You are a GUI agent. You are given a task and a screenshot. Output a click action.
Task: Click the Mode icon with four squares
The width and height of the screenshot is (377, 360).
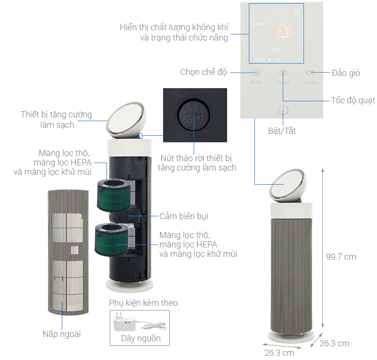(256, 73)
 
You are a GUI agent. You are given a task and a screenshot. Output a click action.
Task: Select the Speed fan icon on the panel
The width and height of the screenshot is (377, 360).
(283, 73)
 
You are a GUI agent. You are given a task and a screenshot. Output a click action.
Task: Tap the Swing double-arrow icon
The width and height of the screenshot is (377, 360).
(310, 73)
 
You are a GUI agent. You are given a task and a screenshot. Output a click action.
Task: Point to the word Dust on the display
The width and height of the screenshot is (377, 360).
(276, 49)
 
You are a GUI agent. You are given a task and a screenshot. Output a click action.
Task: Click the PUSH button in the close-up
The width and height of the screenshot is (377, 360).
(194, 115)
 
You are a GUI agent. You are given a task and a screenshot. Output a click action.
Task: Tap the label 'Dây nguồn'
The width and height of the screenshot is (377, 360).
(140, 338)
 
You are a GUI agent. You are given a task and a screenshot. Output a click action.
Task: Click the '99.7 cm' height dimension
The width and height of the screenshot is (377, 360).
(341, 257)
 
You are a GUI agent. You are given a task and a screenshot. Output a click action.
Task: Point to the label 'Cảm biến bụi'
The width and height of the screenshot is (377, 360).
(184, 216)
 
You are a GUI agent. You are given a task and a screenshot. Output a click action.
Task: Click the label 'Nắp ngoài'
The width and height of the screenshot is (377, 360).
(61, 334)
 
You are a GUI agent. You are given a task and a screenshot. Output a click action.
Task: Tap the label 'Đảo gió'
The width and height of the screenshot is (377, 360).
(346, 73)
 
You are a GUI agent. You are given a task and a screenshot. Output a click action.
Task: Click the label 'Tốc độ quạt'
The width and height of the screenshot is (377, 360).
(353, 100)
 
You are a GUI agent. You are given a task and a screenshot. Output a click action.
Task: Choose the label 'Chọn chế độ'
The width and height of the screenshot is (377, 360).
(204, 72)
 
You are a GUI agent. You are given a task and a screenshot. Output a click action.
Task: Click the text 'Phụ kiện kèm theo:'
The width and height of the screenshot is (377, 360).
(144, 303)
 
